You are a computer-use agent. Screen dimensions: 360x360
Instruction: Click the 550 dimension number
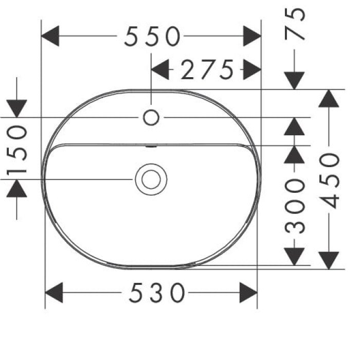click(x=152, y=37)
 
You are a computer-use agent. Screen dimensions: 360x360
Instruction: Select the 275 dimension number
click(x=207, y=69)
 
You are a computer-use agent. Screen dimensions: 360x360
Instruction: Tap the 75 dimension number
click(x=295, y=24)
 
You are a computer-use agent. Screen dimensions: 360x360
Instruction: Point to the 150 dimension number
click(x=17, y=150)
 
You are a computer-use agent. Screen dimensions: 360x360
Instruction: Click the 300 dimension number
click(x=295, y=206)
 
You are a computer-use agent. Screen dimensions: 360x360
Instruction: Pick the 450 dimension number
click(x=329, y=181)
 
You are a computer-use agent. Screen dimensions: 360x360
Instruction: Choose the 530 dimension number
click(x=157, y=293)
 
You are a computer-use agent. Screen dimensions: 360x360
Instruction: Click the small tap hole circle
click(x=151, y=118)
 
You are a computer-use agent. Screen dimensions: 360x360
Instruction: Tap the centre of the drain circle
click(x=151, y=179)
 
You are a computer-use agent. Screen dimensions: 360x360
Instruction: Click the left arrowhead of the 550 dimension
click(x=50, y=36)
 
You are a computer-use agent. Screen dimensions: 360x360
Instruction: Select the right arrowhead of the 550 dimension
click(x=253, y=36)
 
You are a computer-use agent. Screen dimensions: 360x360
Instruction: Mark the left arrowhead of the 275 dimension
click(x=160, y=69)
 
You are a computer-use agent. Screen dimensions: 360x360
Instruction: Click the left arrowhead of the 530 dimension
click(x=54, y=293)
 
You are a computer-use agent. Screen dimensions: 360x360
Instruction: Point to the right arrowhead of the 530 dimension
click(x=248, y=293)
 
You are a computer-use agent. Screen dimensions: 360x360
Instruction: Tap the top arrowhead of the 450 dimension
click(x=329, y=99)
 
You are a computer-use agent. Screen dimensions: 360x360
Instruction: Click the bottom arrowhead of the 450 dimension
click(x=329, y=261)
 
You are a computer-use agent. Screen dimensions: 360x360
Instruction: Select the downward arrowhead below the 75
click(x=294, y=81)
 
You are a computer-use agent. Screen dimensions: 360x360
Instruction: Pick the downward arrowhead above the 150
click(x=16, y=109)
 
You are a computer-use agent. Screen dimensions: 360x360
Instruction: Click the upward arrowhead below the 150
click(x=16, y=188)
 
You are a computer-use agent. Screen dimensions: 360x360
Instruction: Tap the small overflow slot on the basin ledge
click(x=151, y=146)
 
